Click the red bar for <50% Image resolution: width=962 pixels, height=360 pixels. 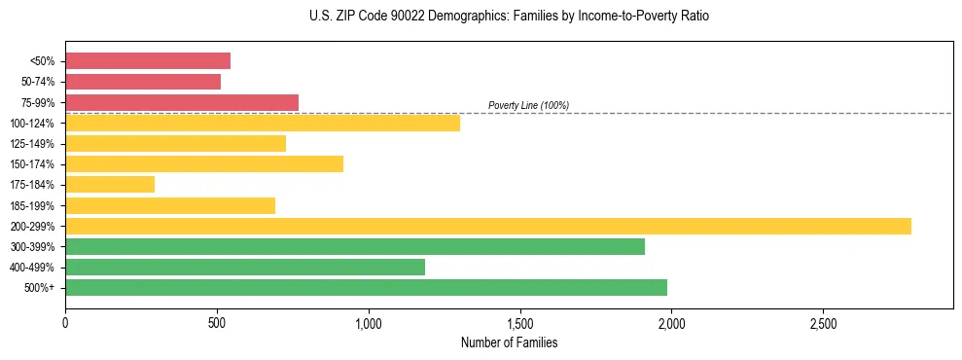point(148,61)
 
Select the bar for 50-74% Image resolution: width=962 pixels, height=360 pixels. point(143,82)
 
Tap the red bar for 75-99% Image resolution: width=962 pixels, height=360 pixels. point(182,102)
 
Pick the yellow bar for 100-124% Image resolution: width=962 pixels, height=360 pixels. point(263,123)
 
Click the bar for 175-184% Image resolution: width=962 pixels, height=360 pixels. point(110,184)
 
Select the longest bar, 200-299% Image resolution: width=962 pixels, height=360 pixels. point(488,226)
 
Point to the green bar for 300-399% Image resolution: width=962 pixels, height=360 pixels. point(355,246)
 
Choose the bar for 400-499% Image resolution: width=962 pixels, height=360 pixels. point(245,267)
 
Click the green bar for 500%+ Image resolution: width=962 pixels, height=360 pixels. point(366,287)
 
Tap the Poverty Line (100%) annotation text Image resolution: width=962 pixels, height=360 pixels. point(528,105)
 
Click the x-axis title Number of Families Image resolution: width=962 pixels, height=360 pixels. point(509,342)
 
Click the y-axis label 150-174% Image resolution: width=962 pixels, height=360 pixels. point(32,164)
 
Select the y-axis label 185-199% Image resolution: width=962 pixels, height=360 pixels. point(32,205)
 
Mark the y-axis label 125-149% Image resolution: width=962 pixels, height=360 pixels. point(32,144)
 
